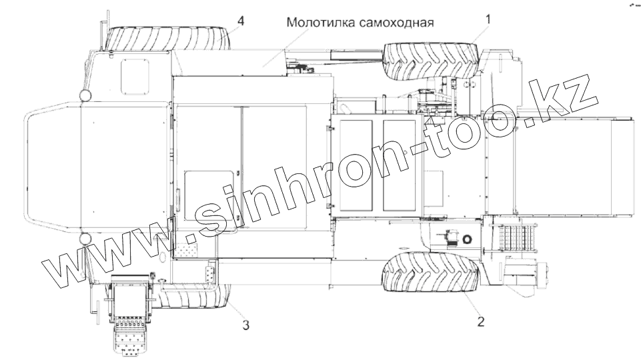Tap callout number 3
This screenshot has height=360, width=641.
coord(246,325)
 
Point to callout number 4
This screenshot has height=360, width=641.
coord(240,21)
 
